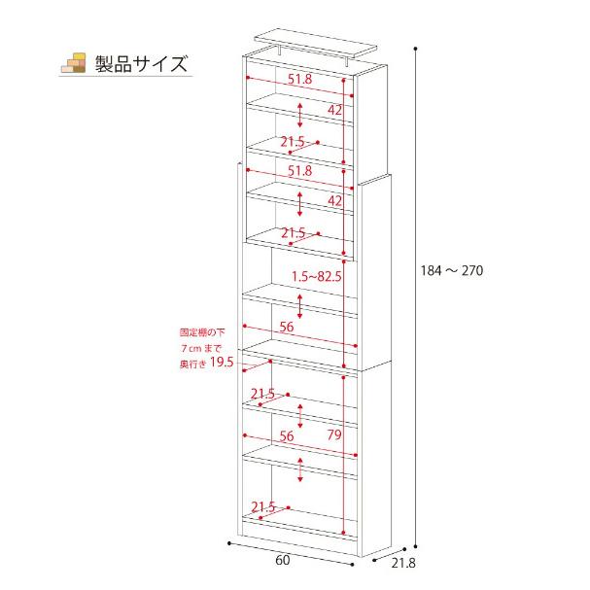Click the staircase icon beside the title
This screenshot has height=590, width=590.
coord(73,63)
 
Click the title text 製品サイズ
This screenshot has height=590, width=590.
coord(141,63)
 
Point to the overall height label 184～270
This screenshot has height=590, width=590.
coord(452,270)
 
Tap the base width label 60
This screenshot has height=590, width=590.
coord(283,560)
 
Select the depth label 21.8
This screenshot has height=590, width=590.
coord(403,563)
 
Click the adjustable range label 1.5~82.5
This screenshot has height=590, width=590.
coord(317,277)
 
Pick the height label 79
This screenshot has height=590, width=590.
coord(334,434)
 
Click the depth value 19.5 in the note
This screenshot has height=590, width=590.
coord(222,362)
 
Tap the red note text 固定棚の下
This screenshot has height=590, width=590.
coord(202,332)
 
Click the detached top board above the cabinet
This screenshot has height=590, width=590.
coord(316,45)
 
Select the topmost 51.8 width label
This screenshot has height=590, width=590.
coord(300,79)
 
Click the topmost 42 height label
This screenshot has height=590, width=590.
coord(334,110)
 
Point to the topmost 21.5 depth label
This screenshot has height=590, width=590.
coord(293,142)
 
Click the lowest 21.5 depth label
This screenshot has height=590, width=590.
coord(263,506)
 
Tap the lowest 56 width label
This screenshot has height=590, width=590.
coord(287,435)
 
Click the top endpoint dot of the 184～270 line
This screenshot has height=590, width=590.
coord(415,49)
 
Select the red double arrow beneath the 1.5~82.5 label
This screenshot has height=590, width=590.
coord(300,307)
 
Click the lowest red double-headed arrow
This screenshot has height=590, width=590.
coord(300,470)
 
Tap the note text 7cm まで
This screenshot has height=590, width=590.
coord(200,348)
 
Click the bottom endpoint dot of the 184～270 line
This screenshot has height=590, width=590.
coord(415,546)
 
